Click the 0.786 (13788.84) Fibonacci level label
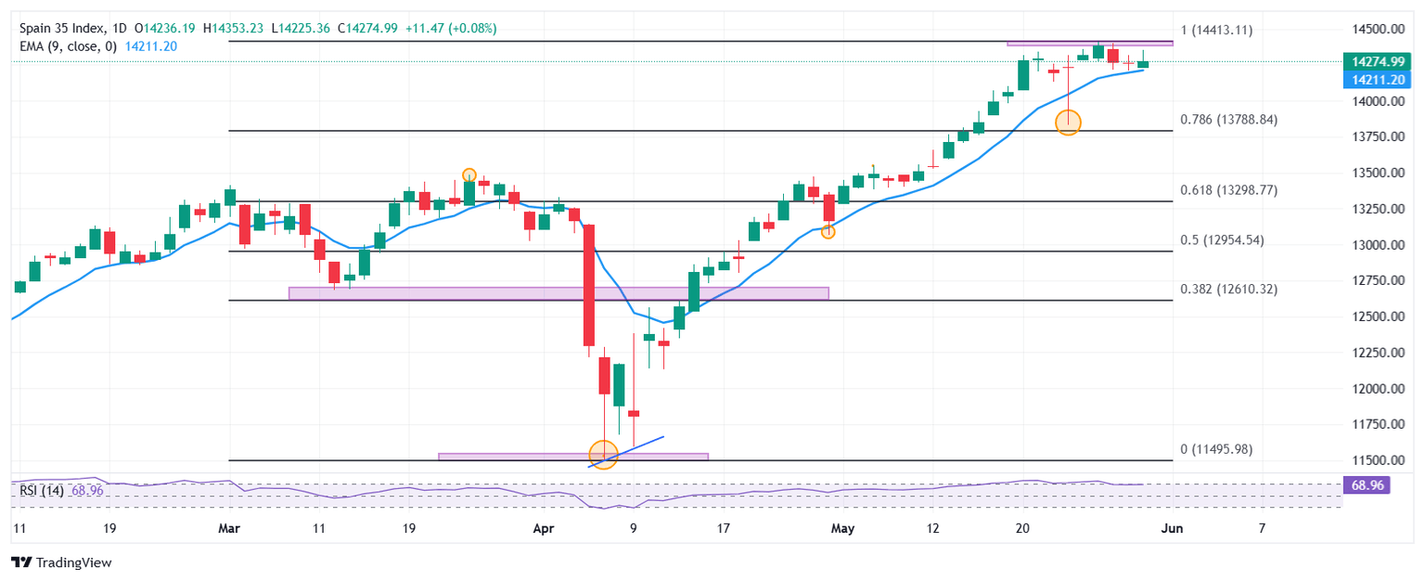point(1228,120)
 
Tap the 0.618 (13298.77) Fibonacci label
point(1228,189)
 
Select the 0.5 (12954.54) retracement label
point(1221,240)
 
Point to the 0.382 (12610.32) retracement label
point(1228,289)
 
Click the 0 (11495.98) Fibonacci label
point(1215,449)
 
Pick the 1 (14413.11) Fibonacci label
point(1215,30)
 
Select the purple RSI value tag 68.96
point(1366,484)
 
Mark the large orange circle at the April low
point(603,455)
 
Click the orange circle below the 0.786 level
point(1068,121)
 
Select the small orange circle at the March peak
point(469,174)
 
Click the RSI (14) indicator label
point(41,490)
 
